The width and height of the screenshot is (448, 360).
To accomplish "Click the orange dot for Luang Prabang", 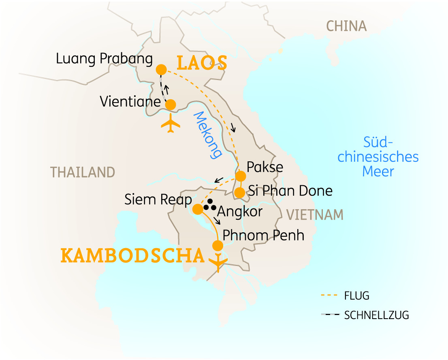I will (161, 69).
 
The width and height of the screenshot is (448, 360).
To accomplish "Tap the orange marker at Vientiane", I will (171, 105).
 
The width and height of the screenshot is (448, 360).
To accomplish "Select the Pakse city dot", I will (241, 176).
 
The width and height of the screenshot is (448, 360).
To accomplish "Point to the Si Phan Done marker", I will (239, 193).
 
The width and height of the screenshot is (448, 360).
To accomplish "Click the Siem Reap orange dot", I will (197, 209).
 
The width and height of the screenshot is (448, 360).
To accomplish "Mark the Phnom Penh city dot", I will (218, 246).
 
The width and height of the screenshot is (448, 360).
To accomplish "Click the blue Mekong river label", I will (208, 135).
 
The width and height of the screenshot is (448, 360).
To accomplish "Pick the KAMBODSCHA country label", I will (132, 256).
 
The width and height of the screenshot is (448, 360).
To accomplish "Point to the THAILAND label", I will (83, 172).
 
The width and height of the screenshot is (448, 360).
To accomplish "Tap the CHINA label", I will (346, 26).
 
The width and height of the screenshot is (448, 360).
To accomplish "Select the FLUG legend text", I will (356, 296).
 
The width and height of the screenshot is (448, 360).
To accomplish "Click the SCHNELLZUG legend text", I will (376, 315).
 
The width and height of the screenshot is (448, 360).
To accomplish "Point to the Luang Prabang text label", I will (104, 59).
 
